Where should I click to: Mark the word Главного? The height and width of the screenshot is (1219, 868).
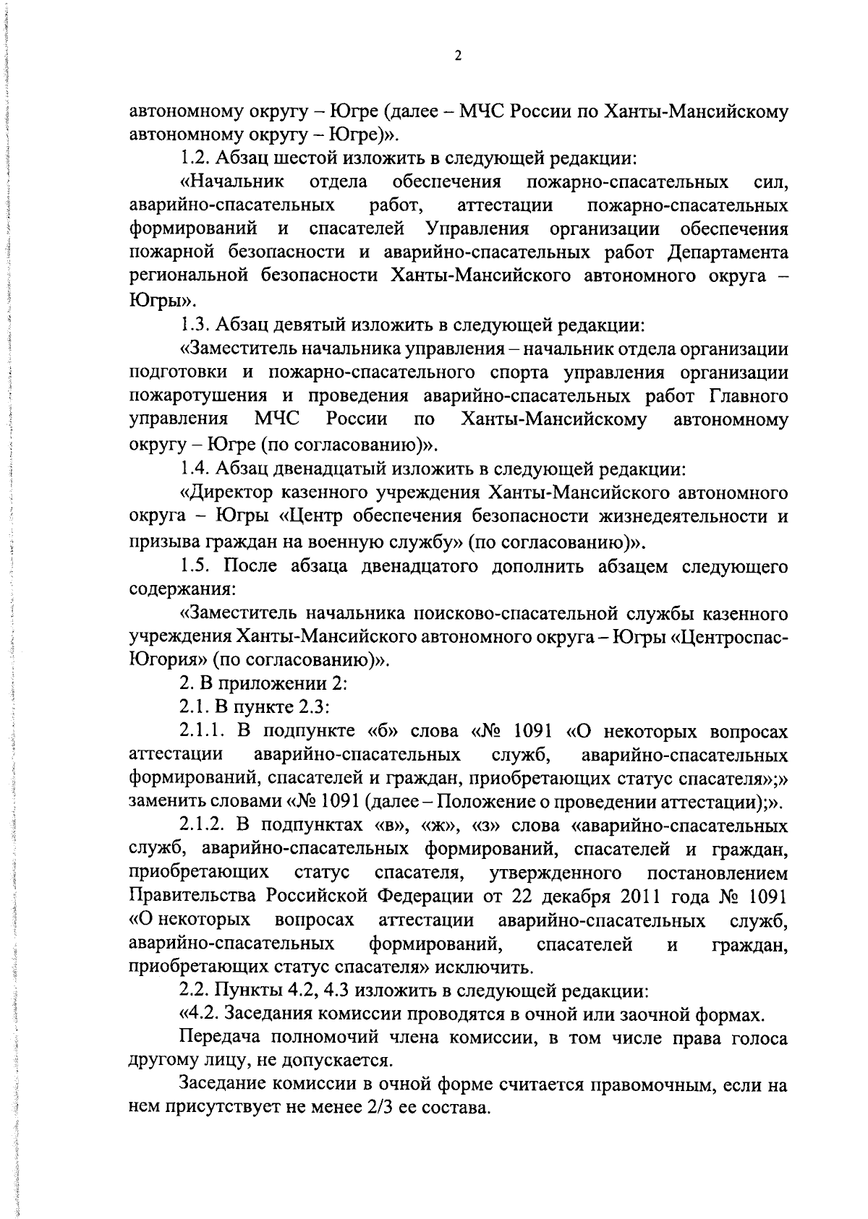[746, 396]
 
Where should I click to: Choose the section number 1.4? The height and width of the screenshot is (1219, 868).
[195, 469]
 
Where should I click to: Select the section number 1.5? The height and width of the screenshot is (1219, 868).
[195, 565]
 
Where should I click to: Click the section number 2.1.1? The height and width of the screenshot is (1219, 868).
[206, 732]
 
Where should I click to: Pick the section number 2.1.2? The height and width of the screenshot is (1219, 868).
[206, 826]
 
